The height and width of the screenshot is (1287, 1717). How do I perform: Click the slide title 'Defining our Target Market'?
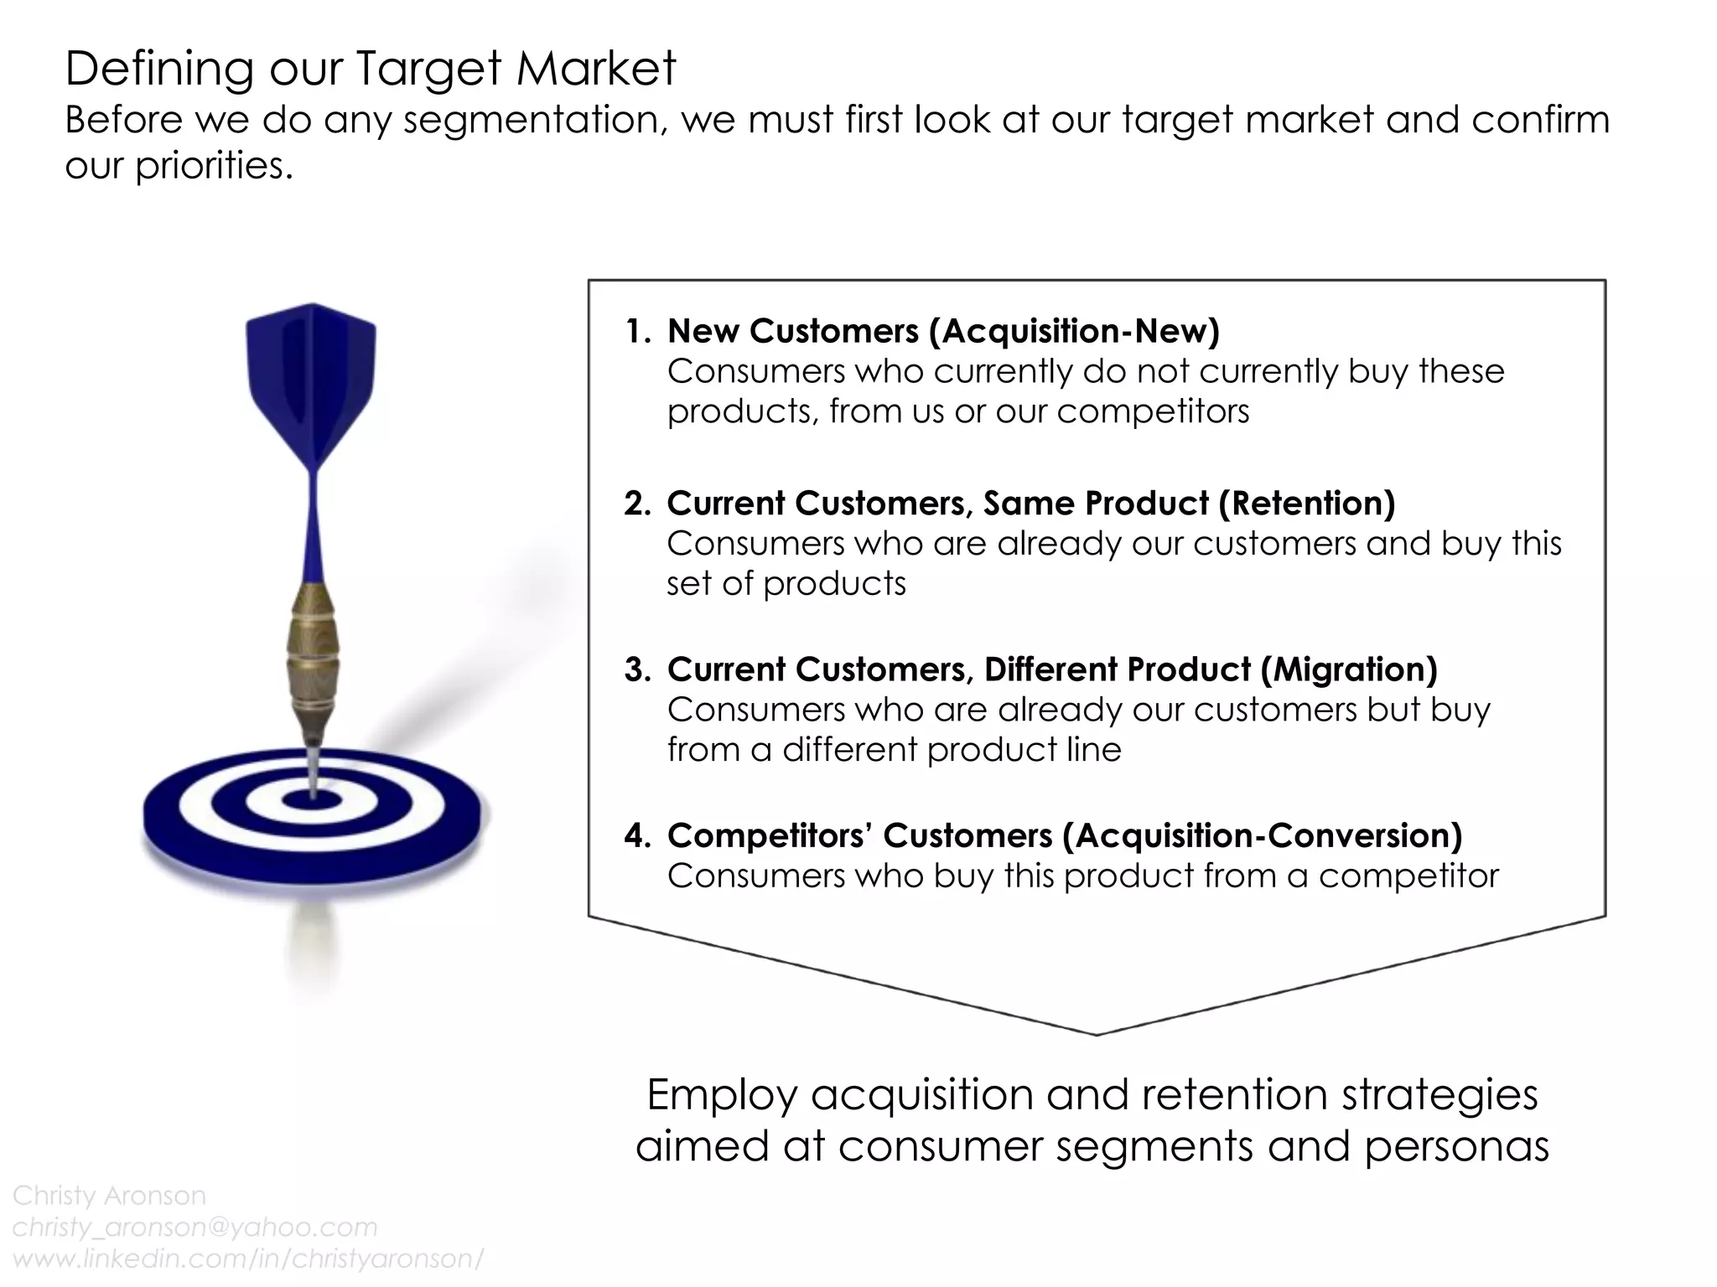370,69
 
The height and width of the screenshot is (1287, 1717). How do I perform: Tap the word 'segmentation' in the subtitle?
534,121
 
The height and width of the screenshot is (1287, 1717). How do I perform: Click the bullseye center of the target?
311,801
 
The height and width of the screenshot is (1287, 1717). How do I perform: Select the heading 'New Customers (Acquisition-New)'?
942,332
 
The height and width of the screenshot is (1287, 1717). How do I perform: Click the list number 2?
635,504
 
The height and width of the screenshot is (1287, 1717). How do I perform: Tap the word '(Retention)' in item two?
1306,504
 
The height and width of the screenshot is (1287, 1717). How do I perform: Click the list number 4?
635,836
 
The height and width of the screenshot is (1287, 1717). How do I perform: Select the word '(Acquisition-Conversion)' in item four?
1262,836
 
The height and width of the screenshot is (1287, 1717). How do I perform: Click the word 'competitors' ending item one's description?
1153,412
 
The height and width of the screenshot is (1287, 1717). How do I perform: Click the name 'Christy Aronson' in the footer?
109,1195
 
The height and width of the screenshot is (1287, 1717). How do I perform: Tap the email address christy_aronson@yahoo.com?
195,1227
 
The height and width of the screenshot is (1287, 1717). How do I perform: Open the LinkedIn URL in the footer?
248,1259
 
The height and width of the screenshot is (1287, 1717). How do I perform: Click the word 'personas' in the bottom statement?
1456,1146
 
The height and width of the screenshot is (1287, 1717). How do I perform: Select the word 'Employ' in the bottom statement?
722,1094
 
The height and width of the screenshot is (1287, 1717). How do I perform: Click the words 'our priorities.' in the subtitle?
179,166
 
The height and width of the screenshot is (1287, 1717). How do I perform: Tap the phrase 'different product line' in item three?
952,750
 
